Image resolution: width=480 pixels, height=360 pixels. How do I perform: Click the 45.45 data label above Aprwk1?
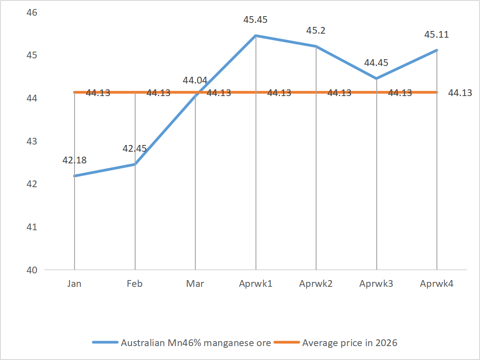tap(255, 20)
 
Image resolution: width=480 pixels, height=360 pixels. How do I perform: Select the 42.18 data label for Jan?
tap(75, 160)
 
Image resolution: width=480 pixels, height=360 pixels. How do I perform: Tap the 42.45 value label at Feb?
tap(135, 149)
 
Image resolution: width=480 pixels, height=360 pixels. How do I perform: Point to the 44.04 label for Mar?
tap(195, 81)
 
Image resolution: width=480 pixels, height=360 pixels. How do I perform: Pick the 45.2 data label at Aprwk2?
tap(316, 31)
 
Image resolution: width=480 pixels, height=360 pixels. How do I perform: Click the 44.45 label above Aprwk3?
tap(376, 63)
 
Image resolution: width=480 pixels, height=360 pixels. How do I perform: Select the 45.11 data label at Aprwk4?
tap(436, 35)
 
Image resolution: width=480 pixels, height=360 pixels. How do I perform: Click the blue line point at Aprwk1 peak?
tap(255, 35)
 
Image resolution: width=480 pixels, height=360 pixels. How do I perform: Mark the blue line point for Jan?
tap(75, 176)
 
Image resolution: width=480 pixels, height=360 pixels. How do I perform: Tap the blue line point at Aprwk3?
tap(376, 79)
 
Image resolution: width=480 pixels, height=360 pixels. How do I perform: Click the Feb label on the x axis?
tap(135, 284)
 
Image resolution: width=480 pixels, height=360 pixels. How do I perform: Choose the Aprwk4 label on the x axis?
tap(436, 284)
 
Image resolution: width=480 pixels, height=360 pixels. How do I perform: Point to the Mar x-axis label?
tap(195, 284)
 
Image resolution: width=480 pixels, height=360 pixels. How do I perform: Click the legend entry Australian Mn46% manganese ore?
tap(196, 343)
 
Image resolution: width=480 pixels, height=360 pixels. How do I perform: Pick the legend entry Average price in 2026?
tap(350, 343)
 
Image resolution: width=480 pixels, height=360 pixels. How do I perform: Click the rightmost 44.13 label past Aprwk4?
tap(460, 93)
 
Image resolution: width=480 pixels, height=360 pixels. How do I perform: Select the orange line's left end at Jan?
tap(75, 92)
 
